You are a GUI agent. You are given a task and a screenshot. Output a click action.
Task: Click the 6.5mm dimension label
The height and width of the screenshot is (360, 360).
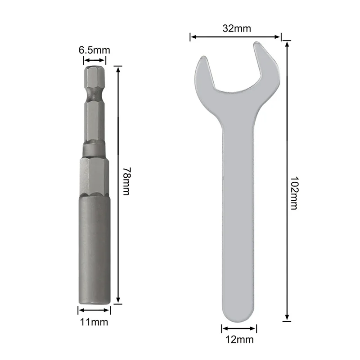(94, 50)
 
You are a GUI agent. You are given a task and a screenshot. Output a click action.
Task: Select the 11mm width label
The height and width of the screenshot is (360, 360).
(94, 322)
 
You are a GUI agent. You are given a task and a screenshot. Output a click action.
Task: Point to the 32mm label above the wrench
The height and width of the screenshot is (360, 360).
(236, 29)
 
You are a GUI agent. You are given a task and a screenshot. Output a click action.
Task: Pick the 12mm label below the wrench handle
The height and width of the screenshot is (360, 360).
(239, 339)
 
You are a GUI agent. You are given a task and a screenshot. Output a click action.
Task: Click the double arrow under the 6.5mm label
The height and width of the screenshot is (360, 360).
(94, 60)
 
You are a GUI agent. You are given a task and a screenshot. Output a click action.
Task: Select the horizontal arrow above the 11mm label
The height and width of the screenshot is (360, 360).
(94, 310)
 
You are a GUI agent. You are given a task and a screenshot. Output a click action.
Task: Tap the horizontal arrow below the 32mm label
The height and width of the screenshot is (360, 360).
(235, 37)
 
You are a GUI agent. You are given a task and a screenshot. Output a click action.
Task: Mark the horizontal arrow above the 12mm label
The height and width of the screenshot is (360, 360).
(239, 329)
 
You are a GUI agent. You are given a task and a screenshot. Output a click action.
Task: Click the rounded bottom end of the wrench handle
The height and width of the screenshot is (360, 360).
(239, 313)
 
